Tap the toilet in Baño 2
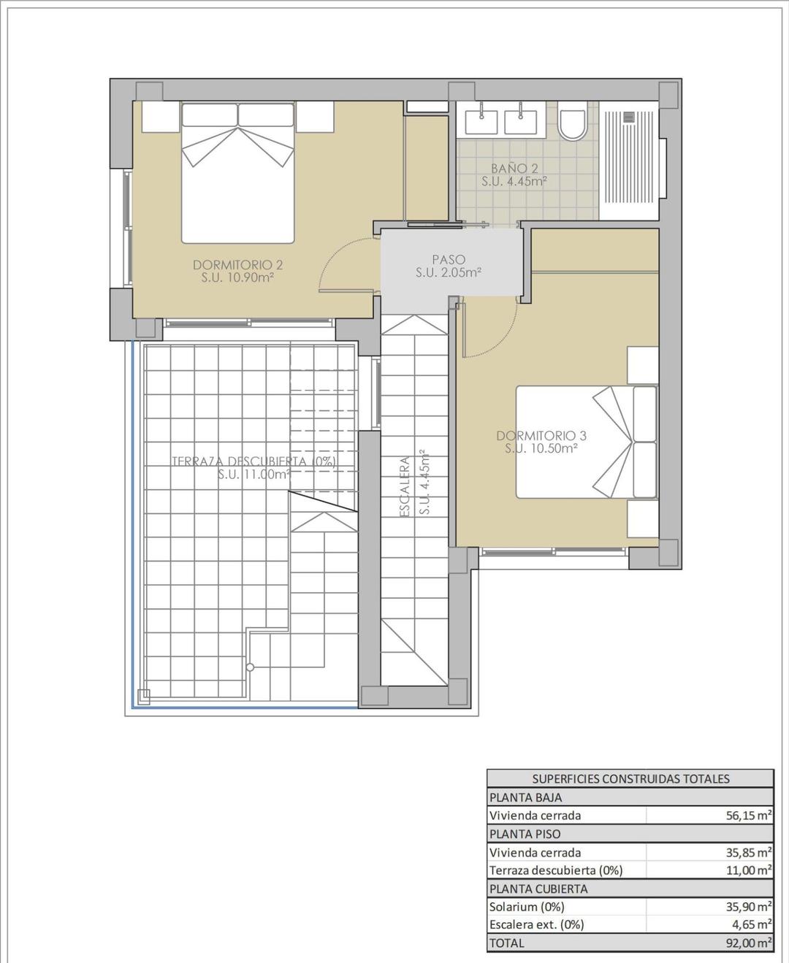point(572,125)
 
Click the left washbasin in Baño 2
point(483,120)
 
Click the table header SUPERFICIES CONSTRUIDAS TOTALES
point(630,779)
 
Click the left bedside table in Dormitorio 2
point(161,117)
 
